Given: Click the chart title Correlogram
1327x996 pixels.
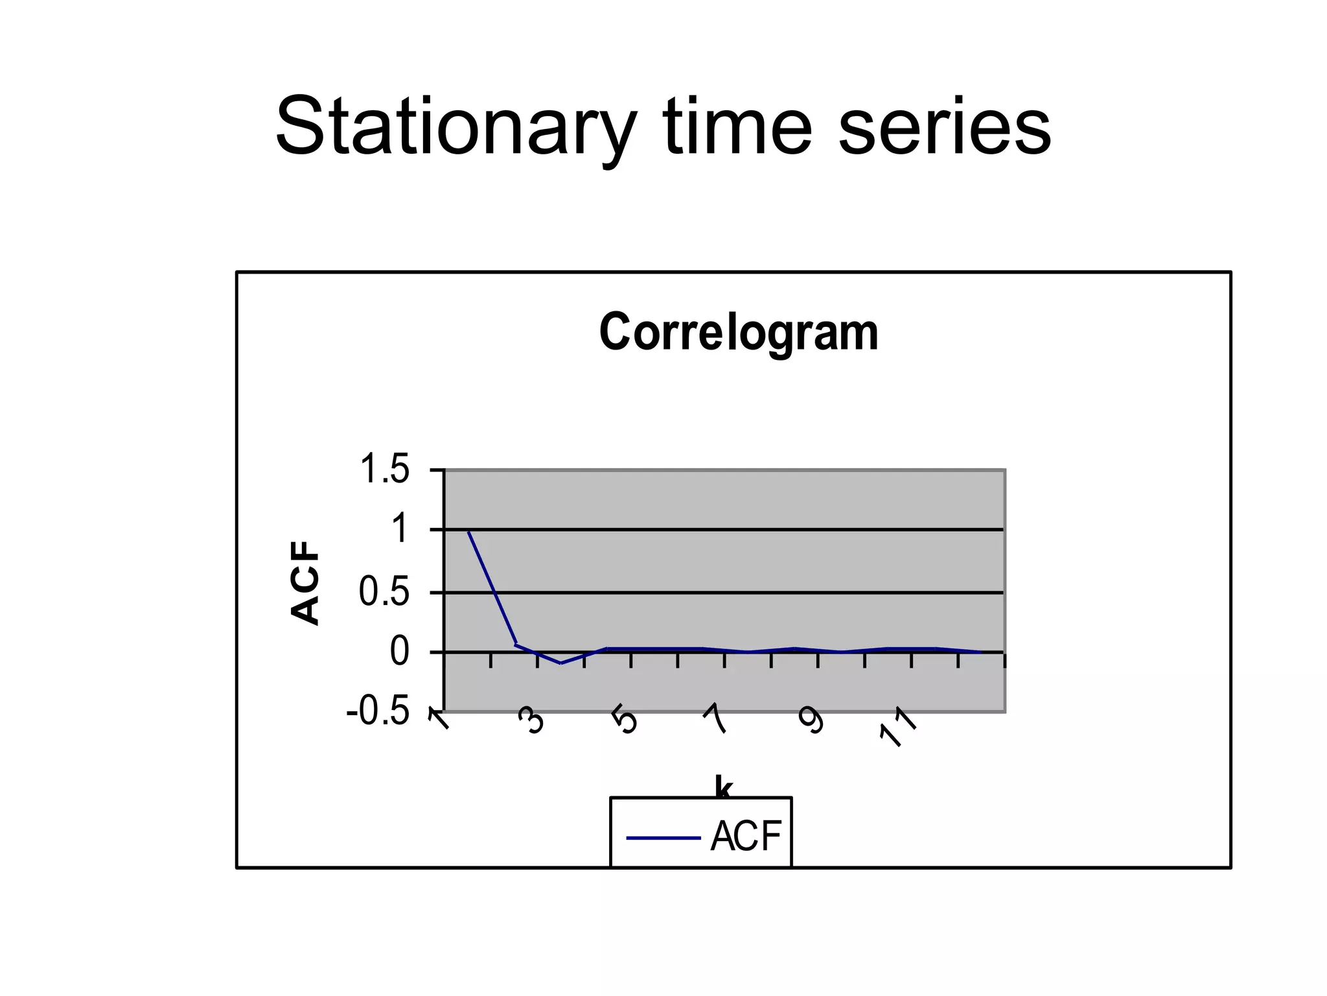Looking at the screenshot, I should pyautogui.click(x=738, y=332).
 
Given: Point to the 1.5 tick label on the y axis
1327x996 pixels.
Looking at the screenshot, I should pyautogui.click(x=385, y=469).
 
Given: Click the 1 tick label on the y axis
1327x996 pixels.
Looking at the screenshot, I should pyautogui.click(x=400, y=528).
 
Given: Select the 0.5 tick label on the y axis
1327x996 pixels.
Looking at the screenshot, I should pyautogui.click(x=385, y=592).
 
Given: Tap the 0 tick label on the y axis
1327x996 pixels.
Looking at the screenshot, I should pyautogui.click(x=399, y=652).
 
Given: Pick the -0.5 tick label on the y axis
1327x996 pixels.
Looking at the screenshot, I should pyautogui.click(x=378, y=712).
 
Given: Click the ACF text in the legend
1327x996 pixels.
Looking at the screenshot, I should pyautogui.click(x=746, y=836).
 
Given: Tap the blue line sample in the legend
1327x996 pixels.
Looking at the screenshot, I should pyautogui.click(x=663, y=838).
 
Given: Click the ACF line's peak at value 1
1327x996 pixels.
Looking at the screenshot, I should pyautogui.click(x=468, y=531).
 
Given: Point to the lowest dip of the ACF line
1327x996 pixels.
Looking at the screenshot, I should pyautogui.click(x=560, y=663).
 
